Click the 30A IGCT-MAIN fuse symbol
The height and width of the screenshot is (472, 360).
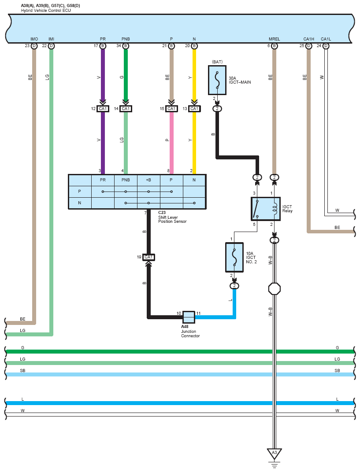click(x=217, y=80)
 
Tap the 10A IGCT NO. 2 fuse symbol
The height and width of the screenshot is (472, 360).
click(x=234, y=258)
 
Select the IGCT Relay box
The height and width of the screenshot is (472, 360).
click(x=266, y=209)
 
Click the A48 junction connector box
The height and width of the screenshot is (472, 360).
click(x=189, y=317)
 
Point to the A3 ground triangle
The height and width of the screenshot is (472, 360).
click(x=274, y=454)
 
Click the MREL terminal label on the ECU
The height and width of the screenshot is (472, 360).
click(x=274, y=39)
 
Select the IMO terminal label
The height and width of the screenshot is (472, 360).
click(x=34, y=39)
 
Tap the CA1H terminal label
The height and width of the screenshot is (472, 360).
click(x=309, y=39)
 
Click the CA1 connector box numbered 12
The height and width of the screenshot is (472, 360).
click(x=103, y=109)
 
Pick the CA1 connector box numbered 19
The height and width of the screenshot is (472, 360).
click(x=148, y=257)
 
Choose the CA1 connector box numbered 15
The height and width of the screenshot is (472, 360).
click(x=171, y=109)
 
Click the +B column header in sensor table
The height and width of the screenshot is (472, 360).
click(x=148, y=180)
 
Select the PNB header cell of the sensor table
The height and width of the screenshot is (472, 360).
click(x=126, y=180)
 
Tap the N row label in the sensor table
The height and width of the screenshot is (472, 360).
click(x=79, y=203)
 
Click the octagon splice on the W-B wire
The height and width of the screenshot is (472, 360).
click(x=275, y=289)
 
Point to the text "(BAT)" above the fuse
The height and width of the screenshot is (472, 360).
click(x=217, y=62)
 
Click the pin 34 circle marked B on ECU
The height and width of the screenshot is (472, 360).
click(x=126, y=46)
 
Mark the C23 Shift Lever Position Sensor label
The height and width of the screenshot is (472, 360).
click(x=172, y=217)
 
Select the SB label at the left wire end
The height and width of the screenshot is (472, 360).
click(x=22, y=371)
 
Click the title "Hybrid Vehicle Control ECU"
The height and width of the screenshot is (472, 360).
click(x=46, y=11)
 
